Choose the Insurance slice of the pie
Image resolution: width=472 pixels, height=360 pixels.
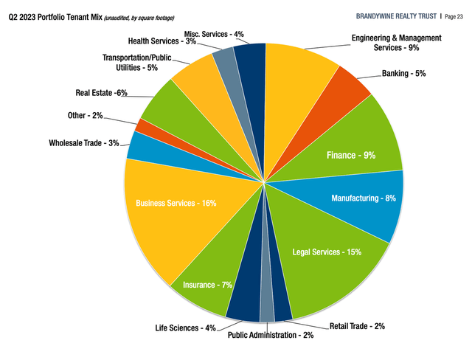tap(199, 280)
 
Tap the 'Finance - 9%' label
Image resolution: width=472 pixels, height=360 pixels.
tap(351, 156)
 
